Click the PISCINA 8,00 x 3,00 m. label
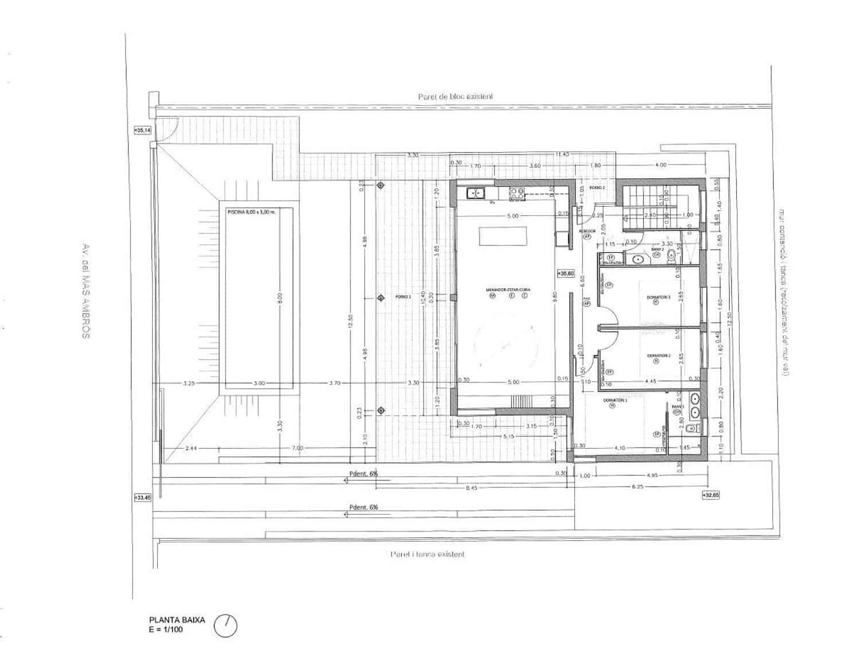[251, 212]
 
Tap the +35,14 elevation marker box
[142, 130]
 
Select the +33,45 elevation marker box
[142, 498]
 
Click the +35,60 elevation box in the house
[565, 274]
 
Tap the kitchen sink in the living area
[476, 193]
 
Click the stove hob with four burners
[517, 194]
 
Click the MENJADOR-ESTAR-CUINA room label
[508, 290]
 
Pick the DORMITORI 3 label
[658, 297]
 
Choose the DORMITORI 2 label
[659, 356]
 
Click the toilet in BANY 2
[672, 259]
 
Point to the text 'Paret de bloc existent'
[455, 97]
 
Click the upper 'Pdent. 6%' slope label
[363, 474]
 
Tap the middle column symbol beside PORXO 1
[381, 298]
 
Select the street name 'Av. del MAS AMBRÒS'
[86, 291]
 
